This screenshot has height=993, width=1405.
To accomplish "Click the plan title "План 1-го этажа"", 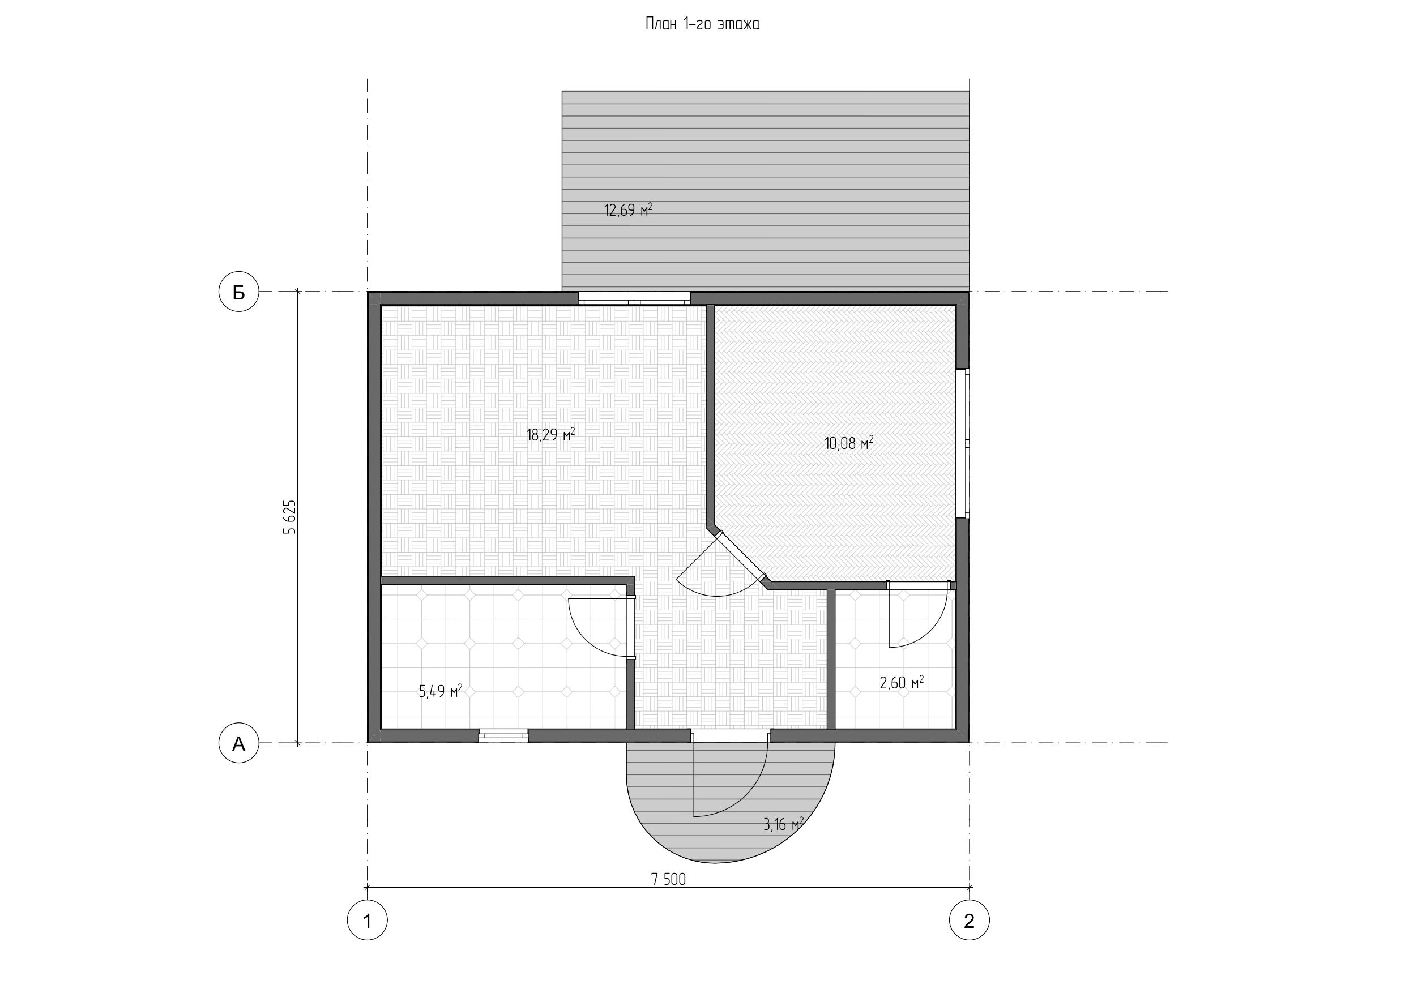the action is point(702,24).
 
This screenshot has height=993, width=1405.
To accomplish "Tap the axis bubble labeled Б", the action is point(238,292).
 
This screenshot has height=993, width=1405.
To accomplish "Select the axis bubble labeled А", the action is point(238,743).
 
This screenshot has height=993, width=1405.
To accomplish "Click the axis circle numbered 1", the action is point(367,919).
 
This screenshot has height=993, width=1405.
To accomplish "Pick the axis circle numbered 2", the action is point(970,919).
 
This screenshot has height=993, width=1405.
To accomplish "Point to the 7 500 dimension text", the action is point(668,879).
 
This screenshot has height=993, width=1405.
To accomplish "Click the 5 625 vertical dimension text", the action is point(289,517).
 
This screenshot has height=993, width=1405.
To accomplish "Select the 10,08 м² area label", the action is point(849,442).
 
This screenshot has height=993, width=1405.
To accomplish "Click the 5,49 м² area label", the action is point(440,691).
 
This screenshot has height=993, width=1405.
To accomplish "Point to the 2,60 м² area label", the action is point(902,682).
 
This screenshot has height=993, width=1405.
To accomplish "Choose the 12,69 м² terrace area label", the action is point(629,210).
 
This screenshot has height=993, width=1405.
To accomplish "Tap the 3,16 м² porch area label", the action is point(783,824).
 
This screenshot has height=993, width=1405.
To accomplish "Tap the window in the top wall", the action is point(634,298).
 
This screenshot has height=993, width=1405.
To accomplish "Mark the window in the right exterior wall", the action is point(963,443).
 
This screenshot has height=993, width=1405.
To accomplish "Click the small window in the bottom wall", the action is point(503,735).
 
